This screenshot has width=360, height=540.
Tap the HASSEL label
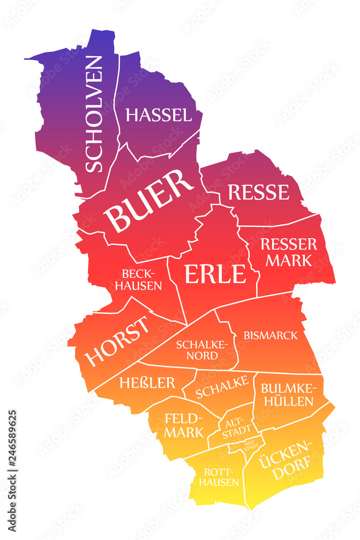[x=158, y=115]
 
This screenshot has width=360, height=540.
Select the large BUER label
[x=150, y=201]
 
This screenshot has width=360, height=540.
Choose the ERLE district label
[x=215, y=274]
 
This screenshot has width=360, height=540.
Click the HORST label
[x=117, y=341]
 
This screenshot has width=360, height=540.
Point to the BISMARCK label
[x=270, y=335]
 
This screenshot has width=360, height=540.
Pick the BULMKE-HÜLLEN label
[x=287, y=395]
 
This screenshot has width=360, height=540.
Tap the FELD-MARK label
[x=184, y=425]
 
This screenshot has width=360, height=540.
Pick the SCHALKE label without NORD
[x=222, y=387]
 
